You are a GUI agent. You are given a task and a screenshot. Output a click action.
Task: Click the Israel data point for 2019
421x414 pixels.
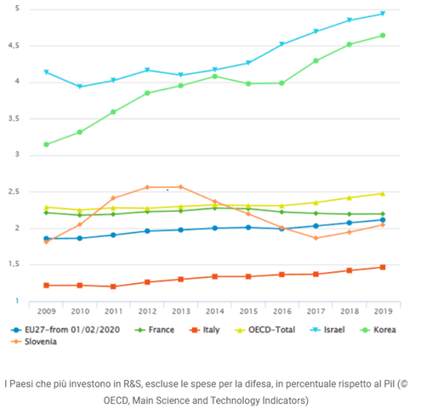tap(383, 14)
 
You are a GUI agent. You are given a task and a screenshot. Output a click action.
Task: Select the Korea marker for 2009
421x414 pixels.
tap(46, 145)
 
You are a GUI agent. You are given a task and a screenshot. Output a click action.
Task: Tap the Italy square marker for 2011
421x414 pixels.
tap(113, 286)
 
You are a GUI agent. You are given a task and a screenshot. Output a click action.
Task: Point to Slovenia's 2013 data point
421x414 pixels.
tap(180, 187)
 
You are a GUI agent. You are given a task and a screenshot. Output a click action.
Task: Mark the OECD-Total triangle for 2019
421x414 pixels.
tap(383, 194)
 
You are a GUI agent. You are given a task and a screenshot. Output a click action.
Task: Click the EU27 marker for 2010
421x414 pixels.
tap(80, 238)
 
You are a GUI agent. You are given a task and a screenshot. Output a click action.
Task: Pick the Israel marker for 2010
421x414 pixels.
tap(80, 87)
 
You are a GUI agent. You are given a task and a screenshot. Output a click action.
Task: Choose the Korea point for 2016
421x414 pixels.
tap(282, 83)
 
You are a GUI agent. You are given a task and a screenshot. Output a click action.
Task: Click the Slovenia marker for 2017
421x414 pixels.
tap(316, 238)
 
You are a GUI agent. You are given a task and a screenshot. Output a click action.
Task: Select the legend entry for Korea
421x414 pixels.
tap(378, 330)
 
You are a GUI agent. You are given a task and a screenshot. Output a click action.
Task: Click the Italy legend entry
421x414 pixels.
tap(204, 330)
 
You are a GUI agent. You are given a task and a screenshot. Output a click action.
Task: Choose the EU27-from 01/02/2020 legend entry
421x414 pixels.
tap(65, 330)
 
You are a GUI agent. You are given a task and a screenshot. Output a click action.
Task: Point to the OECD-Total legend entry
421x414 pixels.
tap(265, 330)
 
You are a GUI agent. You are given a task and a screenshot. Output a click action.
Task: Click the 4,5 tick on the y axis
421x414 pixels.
tap(14, 45)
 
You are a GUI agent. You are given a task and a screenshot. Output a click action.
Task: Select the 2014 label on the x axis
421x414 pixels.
tap(214, 311)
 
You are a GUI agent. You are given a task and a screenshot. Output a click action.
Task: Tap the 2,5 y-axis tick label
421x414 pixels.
tap(14, 191)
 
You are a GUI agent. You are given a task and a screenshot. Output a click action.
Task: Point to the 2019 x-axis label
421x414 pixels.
tap(383, 311)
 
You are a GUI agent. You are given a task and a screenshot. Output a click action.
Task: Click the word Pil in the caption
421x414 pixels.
tap(389, 384)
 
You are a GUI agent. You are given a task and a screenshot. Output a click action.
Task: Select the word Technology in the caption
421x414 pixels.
tap(235, 400)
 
